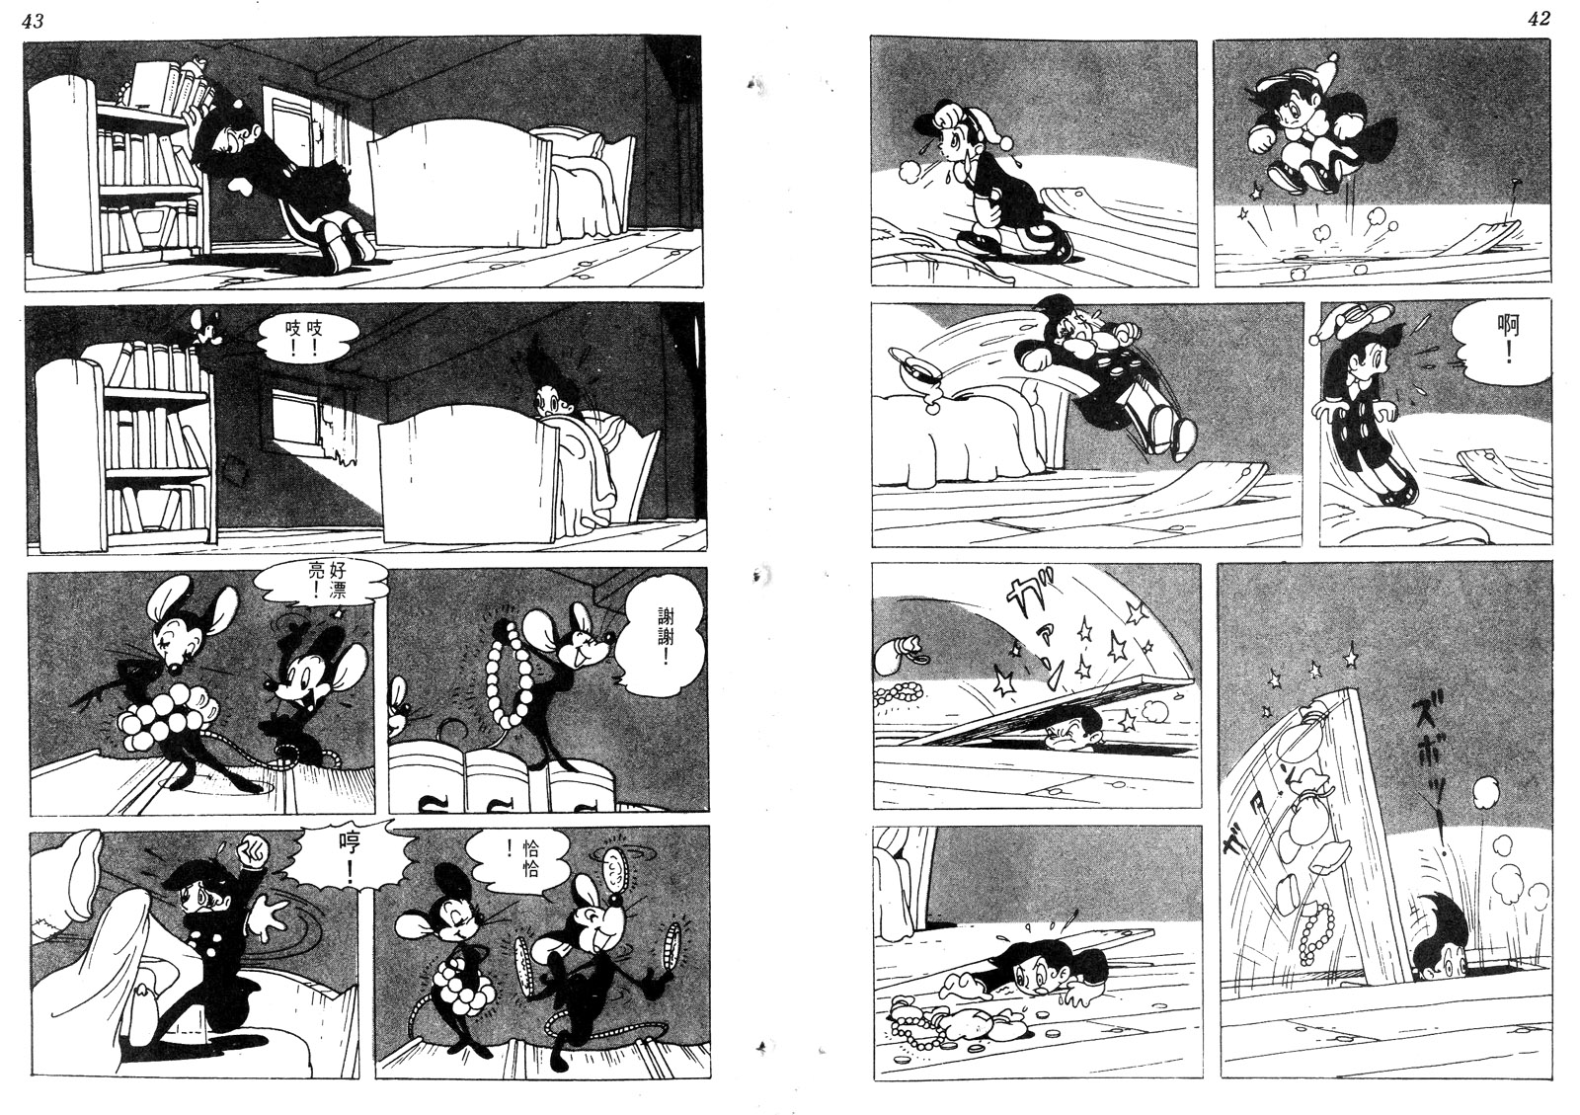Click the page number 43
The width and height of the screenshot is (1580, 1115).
point(34,21)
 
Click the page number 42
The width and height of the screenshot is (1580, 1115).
point(1540,19)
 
